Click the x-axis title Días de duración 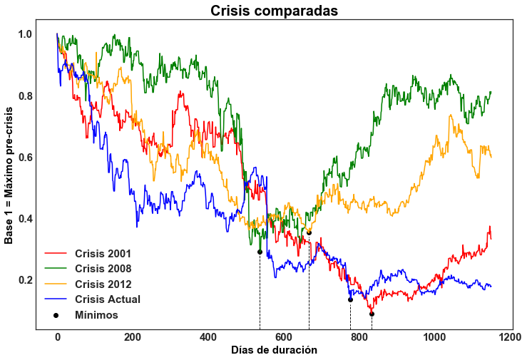[x=274, y=350]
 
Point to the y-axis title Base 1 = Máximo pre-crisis [x=9, y=175]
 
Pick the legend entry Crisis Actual [x=108, y=299]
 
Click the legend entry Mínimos [x=96, y=314]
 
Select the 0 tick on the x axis [x=58, y=336]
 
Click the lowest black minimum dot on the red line [x=372, y=314]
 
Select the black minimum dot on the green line [x=260, y=252]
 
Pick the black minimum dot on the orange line [x=309, y=232]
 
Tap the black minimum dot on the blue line [x=350, y=299]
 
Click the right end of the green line [x=491, y=92]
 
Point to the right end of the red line [x=491, y=239]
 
